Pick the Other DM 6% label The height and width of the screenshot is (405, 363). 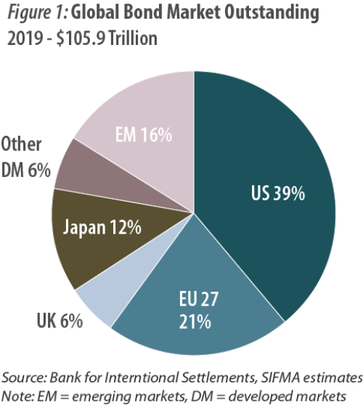(25, 157)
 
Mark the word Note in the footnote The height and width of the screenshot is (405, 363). (17, 394)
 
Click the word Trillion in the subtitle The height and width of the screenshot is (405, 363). (133, 38)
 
